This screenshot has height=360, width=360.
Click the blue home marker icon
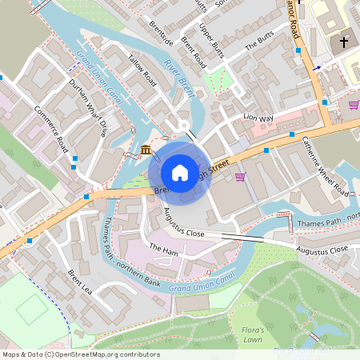click(180, 173)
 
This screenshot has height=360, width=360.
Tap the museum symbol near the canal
click(146, 150)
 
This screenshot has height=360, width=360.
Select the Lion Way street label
click(258, 118)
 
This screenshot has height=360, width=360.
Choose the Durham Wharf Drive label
click(87, 107)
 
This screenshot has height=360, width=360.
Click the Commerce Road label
click(50, 129)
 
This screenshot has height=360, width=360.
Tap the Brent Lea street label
click(81, 282)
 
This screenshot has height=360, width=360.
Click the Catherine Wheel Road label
click(325, 165)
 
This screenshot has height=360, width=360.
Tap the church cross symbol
click(345, 42)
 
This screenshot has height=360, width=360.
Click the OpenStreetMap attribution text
click(70, 354)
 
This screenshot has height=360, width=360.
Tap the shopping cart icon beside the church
click(354, 104)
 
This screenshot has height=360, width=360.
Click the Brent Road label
click(194, 52)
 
